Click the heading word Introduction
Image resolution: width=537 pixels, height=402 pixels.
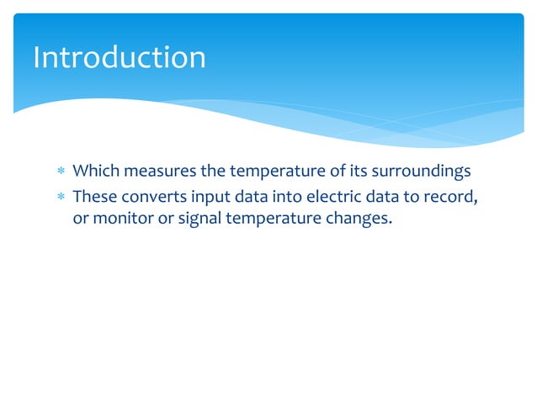tap(119, 57)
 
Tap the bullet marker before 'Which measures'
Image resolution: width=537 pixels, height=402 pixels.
tap(59, 172)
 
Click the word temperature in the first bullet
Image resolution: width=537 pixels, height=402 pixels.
tap(273, 172)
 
